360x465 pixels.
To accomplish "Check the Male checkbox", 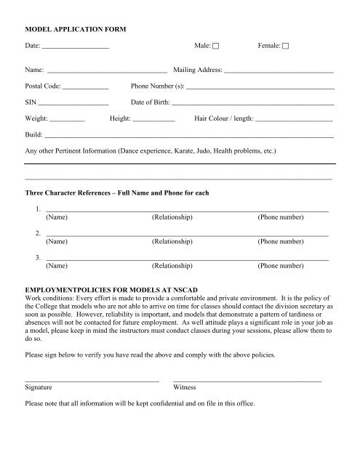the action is [217, 46].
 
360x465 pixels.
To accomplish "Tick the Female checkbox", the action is [285, 46].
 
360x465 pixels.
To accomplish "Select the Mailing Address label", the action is [198, 71].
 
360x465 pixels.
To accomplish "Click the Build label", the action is [33, 134].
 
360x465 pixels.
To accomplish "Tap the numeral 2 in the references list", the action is [37, 233].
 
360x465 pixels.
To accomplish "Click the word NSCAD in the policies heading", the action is [193, 289].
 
